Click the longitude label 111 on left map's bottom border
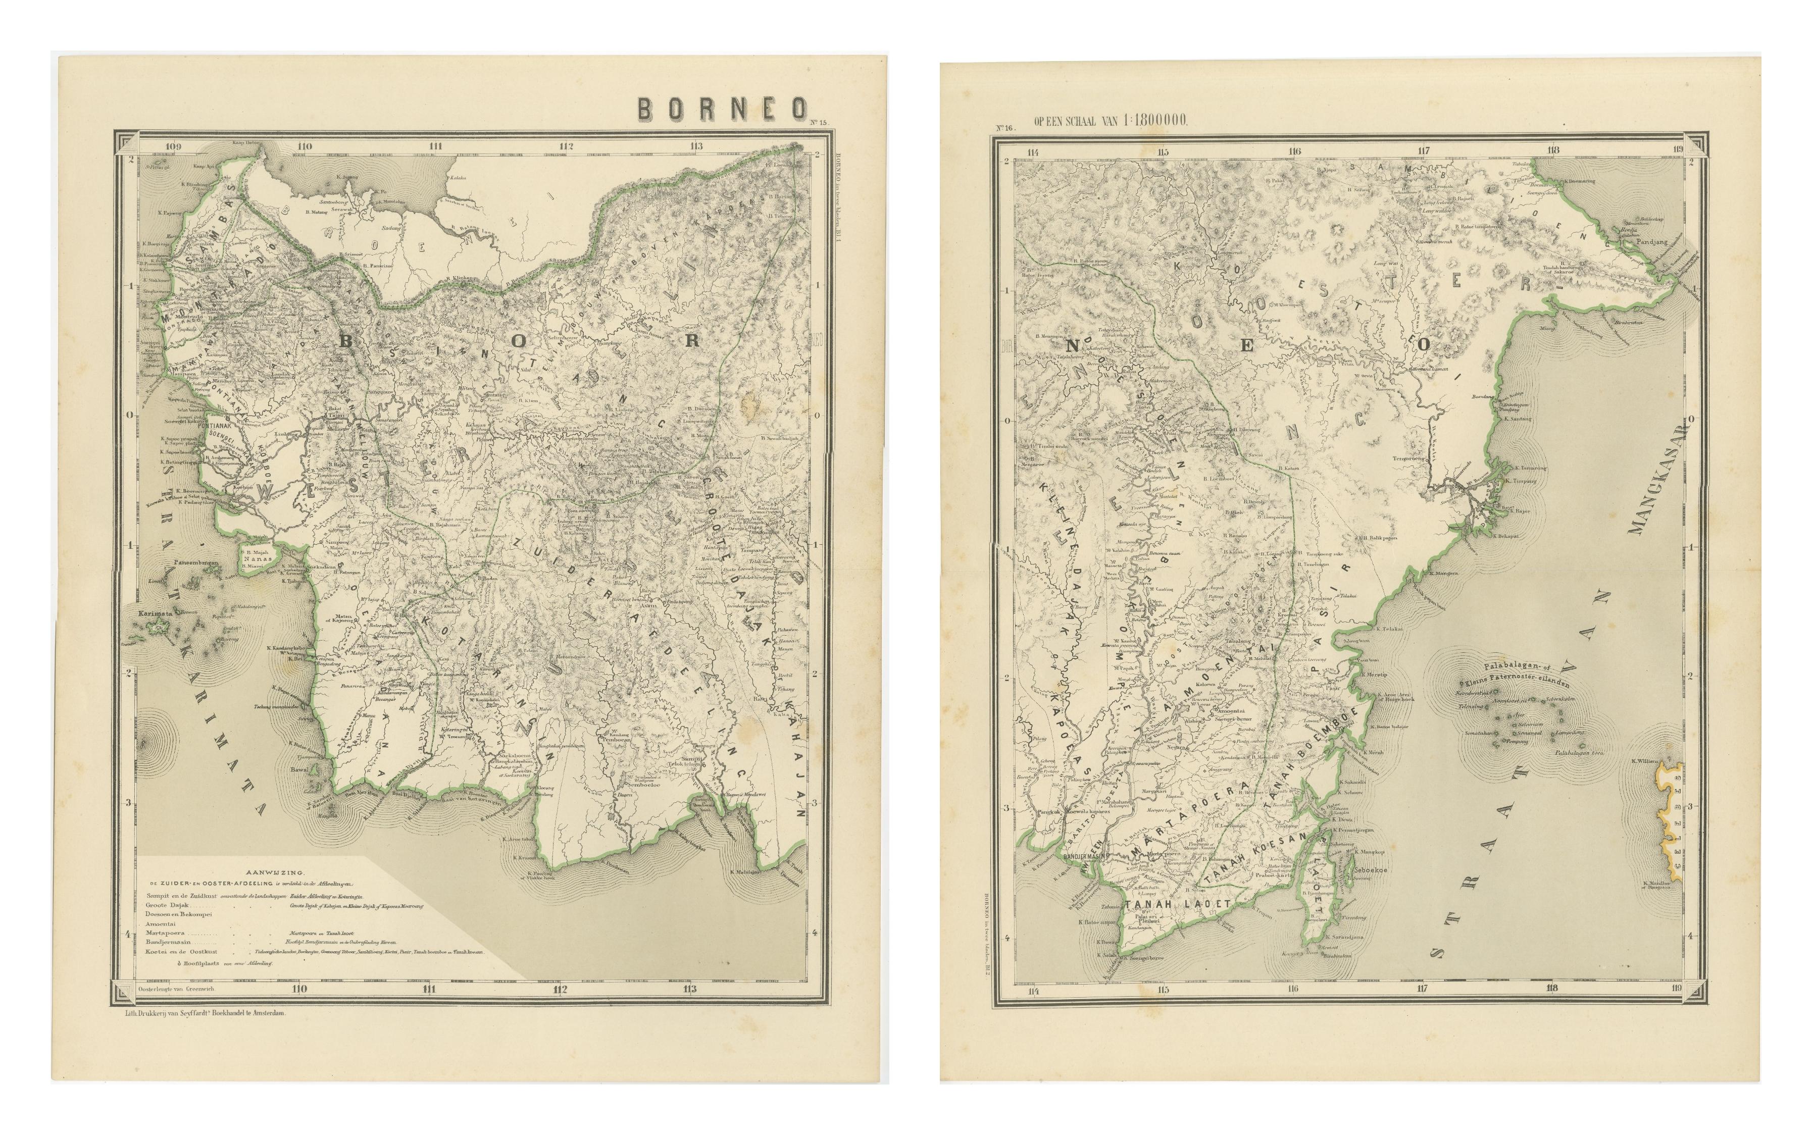(x=429, y=990)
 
